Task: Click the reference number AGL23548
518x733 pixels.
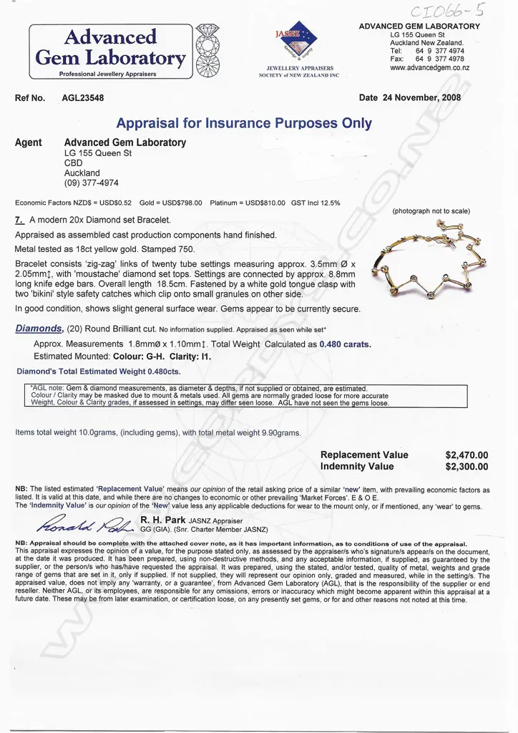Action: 83,98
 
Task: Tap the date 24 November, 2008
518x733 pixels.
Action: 421,98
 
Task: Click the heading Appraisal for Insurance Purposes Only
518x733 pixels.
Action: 244,122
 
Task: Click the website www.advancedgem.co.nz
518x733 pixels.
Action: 429,68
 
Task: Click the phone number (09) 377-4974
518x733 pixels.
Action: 92,183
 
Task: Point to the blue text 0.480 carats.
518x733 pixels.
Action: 345,344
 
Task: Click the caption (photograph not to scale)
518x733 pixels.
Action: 431,211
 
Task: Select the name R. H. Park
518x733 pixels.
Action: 162,520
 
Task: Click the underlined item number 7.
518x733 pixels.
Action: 19,220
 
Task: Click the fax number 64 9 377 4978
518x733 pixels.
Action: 439,59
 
